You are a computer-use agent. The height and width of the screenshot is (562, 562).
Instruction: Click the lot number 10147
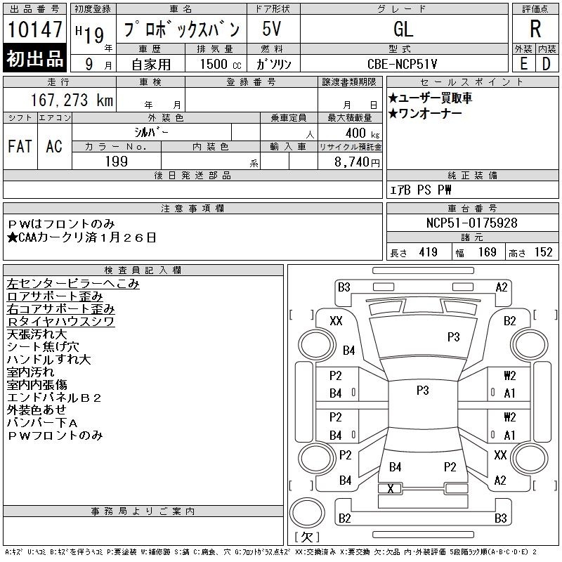(x=34, y=29)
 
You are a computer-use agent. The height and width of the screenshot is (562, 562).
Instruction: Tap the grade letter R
(x=535, y=29)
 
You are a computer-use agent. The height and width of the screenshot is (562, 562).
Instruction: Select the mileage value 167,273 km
(x=72, y=100)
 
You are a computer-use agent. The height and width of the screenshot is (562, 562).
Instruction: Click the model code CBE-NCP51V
(x=402, y=64)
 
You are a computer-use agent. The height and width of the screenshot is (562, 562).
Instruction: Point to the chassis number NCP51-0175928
(x=471, y=223)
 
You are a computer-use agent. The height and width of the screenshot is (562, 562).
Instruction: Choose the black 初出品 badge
(x=34, y=58)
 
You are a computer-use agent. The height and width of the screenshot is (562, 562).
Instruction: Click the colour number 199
(x=117, y=162)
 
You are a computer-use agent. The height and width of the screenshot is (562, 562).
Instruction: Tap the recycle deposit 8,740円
(x=357, y=162)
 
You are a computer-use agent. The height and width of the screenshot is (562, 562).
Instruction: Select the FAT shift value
(x=20, y=146)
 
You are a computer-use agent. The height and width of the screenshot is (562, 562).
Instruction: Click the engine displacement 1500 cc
(x=221, y=64)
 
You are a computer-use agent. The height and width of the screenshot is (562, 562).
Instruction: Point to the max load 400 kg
(x=362, y=133)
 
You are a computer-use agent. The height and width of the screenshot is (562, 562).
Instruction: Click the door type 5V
(x=271, y=29)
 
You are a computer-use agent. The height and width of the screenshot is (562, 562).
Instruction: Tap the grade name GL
(x=403, y=29)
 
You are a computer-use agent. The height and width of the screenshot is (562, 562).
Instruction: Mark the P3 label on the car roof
(x=423, y=391)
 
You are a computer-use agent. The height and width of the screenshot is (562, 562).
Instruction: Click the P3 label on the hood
(x=453, y=337)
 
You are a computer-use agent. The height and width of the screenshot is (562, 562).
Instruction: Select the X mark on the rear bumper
(x=391, y=488)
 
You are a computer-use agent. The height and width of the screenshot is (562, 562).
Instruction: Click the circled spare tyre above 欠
(x=307, y=513)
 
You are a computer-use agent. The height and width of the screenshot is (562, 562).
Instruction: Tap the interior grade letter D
(x=547, y=64)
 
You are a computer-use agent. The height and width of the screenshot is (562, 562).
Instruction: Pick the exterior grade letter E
(x=524, y=64)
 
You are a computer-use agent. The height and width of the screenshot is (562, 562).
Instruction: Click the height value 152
(x=543, y=252)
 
